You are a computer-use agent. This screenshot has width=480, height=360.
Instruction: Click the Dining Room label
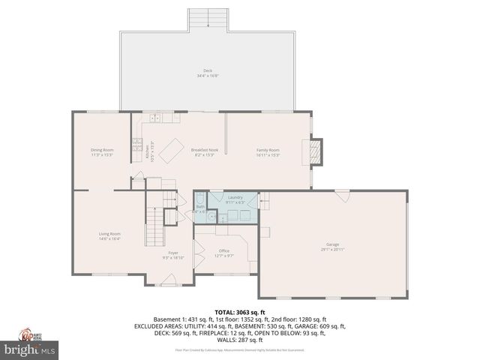coord(102,150)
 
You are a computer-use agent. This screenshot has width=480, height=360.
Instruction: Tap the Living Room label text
coord(109,234)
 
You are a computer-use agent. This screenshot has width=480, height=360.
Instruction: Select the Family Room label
coord(268,150)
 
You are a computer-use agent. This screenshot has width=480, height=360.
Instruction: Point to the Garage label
coord(331,244)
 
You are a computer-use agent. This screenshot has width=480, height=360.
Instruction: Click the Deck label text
coord(207,70)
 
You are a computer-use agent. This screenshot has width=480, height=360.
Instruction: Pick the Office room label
coord(223,250)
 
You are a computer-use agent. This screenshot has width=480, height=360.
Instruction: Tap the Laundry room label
coord(235,197)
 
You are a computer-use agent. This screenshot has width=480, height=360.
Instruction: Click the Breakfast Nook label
coord(204,150)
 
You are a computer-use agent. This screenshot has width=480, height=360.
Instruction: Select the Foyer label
coord(173,253)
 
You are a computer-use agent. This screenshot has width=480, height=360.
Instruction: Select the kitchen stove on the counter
coord(137,143)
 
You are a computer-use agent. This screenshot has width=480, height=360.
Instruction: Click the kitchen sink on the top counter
coord(154,118)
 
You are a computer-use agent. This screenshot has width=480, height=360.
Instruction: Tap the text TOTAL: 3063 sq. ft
coord(239,312)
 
